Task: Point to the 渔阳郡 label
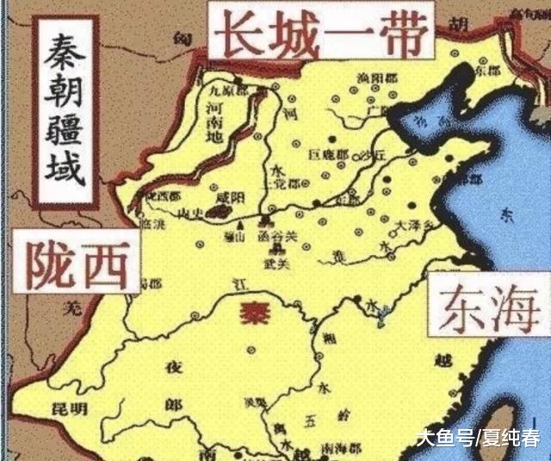tap(372, 78)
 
